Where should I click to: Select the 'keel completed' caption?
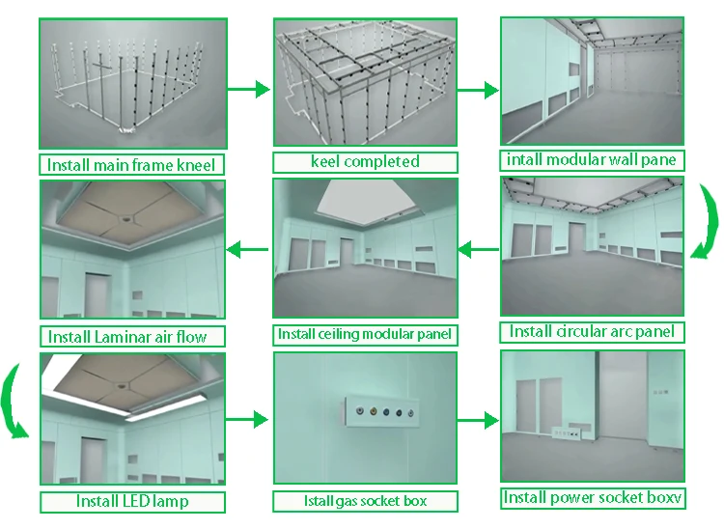pyautogui.click(x=365, y=161)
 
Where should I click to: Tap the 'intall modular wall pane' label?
pyautogui.click(x=591, y=158)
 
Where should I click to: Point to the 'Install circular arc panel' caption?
pyautogui.click(x=591, y=331)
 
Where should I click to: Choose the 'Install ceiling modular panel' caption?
pyautogui.click(x=365, y=334)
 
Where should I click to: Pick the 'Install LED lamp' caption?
pyautogui.click(x=132, y=501)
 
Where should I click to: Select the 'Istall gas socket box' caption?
pyautogui.click(x=364, y=501)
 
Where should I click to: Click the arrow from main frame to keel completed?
pyautogui.click(x=248, y=90)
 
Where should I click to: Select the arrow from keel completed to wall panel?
pyautogui.click(x=477, y=90)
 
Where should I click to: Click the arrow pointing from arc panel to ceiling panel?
pyautogui.click(x=477, y=251)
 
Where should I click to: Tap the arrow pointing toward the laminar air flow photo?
pyautogui.click(x=247, y=251)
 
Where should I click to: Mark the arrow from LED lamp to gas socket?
pyautogui.click(x=248, y=420)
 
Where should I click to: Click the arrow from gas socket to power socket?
pyautogui.click(x=477, y=420)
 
